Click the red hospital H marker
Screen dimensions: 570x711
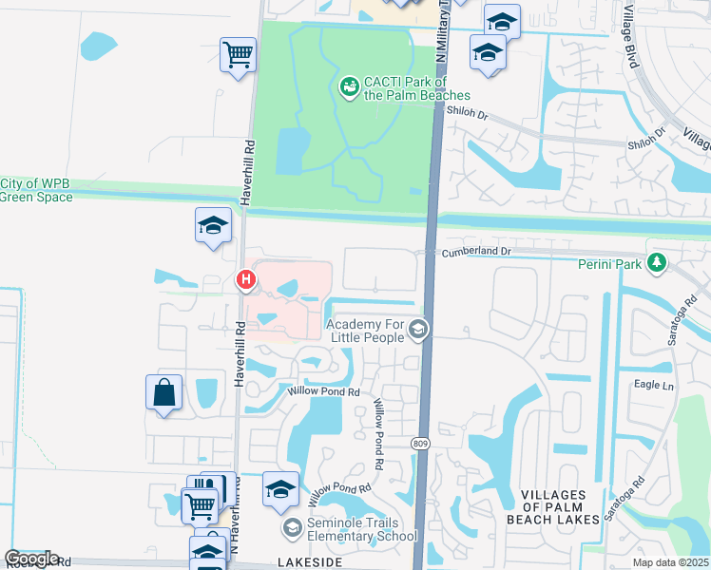[246, 279]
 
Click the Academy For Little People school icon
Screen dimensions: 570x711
[419, 330]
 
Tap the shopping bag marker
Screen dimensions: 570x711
[164, 391]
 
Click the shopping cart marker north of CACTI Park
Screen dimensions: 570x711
[238, 53]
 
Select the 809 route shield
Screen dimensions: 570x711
[419, 443]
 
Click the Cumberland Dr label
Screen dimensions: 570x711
[474, 252]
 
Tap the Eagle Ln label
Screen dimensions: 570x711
[653, 386]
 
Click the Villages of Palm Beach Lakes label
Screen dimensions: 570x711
[560, 507]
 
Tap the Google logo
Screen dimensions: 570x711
[31, 559]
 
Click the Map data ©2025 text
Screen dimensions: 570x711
[671, 562]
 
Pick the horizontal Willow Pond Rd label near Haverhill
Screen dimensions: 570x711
[324, 390]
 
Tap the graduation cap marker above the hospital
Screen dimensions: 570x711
[214, 224]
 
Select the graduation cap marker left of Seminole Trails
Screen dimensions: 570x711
[280, 488]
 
